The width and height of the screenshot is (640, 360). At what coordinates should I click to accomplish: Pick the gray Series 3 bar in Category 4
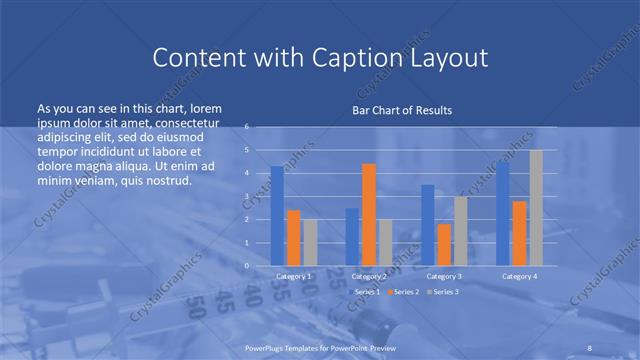tap(536, 207)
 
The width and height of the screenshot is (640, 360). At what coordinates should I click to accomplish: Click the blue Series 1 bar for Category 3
tap(427, 225)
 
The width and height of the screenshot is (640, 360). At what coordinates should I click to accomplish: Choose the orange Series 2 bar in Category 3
tap(444, 244)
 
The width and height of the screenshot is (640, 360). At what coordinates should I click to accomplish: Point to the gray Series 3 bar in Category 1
tap(310, 242)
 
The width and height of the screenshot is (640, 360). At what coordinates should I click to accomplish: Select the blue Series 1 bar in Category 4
tap(503, 213)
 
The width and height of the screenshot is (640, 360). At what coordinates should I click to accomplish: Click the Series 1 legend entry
tap(365, 291)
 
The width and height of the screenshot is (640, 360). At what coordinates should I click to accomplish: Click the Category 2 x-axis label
tap(369, 275)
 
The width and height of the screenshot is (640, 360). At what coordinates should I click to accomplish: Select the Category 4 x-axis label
tap(519, 275)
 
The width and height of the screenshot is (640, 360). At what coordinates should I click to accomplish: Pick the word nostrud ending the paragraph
tap(165, 181)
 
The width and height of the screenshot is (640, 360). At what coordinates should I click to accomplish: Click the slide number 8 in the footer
tap(590, 346)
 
